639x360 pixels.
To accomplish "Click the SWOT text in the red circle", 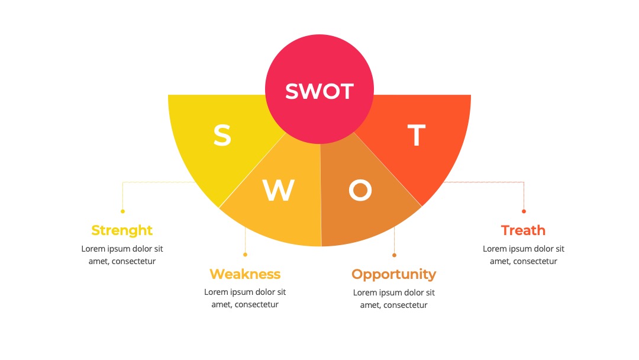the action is point(319,91).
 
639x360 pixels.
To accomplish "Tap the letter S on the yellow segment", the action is point(222,136).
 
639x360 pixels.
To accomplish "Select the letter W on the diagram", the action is point(278,190).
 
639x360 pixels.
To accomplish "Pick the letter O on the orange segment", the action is point(360,190).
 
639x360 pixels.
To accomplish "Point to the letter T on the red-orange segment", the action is point(417,136).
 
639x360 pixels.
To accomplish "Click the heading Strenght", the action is point(122,230).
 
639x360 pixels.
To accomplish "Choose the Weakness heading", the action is point(245,274).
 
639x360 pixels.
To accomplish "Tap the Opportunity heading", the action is point(393,274).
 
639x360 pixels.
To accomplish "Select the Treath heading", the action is point(523,230).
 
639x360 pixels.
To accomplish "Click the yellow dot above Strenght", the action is point(122,211).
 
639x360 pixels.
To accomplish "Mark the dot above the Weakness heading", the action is point(245,255).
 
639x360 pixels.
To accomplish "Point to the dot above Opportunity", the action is point(394,255).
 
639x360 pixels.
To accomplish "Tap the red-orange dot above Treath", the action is point(524,211).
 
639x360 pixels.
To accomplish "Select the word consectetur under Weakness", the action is point(256,304).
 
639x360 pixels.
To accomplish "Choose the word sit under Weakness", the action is point(281,292).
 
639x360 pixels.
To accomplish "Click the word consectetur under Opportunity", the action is point(405,306).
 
